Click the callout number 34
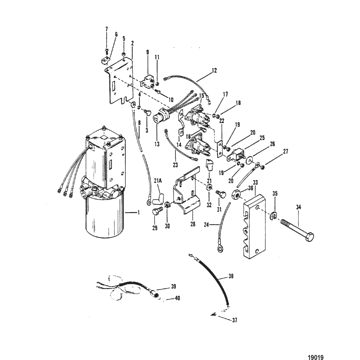(298, 207)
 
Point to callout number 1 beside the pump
(138, 213)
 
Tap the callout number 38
(231, 276)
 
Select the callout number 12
(214, 70)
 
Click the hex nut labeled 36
(236, 195)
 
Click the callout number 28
(193, 224)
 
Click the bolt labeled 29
(157, 210)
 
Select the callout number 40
(177, 298)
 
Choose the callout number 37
(234, 320)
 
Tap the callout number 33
(255, 183)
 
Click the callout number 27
(285, 151)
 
